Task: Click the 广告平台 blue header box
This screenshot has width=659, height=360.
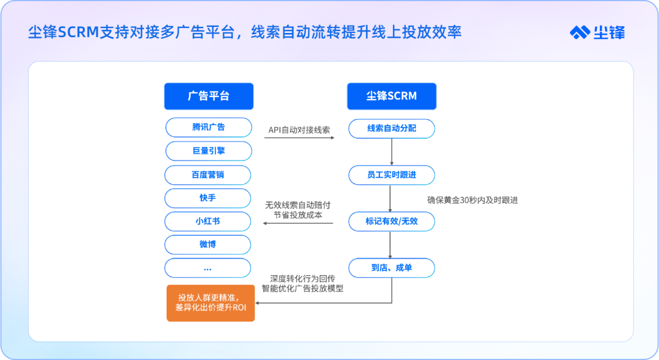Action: [x=209, y=96]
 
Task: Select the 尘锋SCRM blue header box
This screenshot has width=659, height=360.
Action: [x=392, y=96]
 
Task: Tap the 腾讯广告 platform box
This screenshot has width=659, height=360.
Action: [x=209, y=128]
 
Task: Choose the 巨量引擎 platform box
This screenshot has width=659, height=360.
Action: [x=209, y=151]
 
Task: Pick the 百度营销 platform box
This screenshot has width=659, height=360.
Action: [x=207, y=175]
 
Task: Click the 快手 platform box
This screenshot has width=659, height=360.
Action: [x=207, y=198]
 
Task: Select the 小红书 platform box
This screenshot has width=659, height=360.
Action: [x=207, y=221]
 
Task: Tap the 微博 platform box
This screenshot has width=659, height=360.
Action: [x=207, y=245]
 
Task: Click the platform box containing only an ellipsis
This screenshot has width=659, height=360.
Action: [x=207, y=268]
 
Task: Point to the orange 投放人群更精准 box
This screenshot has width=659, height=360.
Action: [x=211, y=303]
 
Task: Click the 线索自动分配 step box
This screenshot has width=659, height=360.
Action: [x=392, y=129]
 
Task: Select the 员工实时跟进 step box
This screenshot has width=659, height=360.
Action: [x=392, y=175]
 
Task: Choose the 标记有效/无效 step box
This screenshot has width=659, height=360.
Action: [x=392, y=221]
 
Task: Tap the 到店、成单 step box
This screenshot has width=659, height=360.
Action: [x=392, y=268]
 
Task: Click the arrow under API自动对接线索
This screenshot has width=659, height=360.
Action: [x=299, y=138]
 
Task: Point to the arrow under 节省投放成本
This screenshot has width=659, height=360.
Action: [x=298, y=223]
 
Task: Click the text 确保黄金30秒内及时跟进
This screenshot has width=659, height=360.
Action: [x=472, y=200]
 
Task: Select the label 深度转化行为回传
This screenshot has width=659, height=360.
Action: [x=303, y=278]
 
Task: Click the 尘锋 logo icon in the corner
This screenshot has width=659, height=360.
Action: [x=580, y=32]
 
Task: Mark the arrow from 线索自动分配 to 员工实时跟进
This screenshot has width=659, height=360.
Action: [x=392, y=152]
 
